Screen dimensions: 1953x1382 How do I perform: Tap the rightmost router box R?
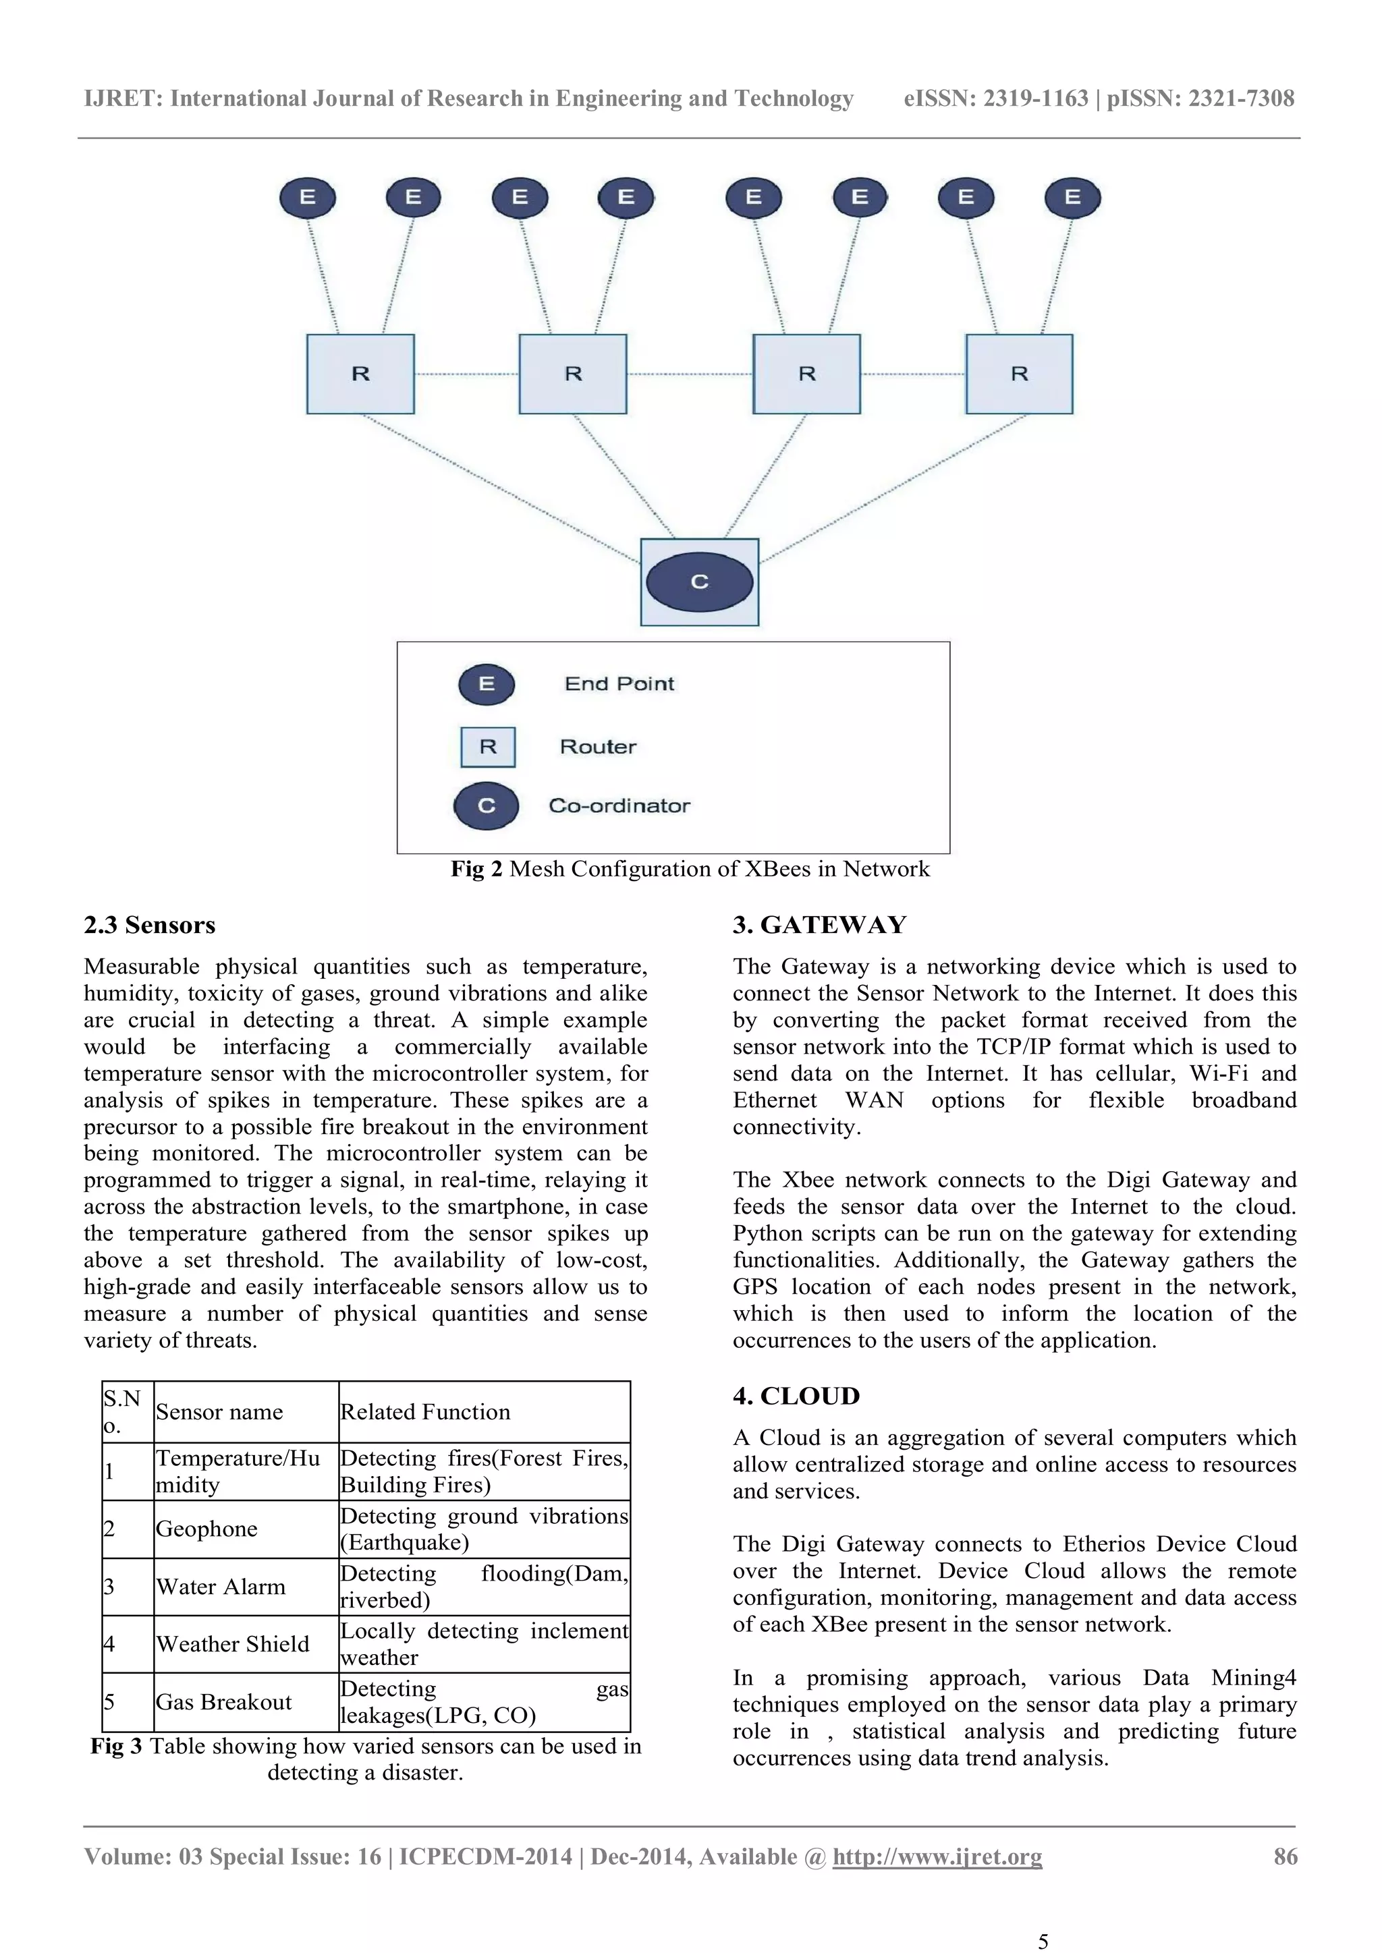pos(1019,374)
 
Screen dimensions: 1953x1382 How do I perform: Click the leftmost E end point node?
pos(307,198)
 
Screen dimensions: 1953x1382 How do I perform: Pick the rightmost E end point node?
pos(1072,198)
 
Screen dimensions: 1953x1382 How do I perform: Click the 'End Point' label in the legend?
pos(619,684)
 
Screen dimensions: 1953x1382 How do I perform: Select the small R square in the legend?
pos(488,747)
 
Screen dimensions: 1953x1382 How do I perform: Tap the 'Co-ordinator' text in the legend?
pos(619,805)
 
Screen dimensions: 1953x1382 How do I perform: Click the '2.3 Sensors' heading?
pos(150,925)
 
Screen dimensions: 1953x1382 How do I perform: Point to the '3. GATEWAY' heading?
pos(819,925)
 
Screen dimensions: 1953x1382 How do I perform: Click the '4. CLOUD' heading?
pos(796,1396)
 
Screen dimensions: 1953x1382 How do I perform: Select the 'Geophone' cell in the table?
pos(206,1529)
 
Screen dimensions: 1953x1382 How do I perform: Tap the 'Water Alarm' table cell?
pos(221,1587)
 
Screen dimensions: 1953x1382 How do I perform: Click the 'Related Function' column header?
pos(426,1412)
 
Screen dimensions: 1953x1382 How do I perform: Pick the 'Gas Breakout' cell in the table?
pos(224,1702)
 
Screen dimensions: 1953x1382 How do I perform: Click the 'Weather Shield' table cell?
pos(232,1644)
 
